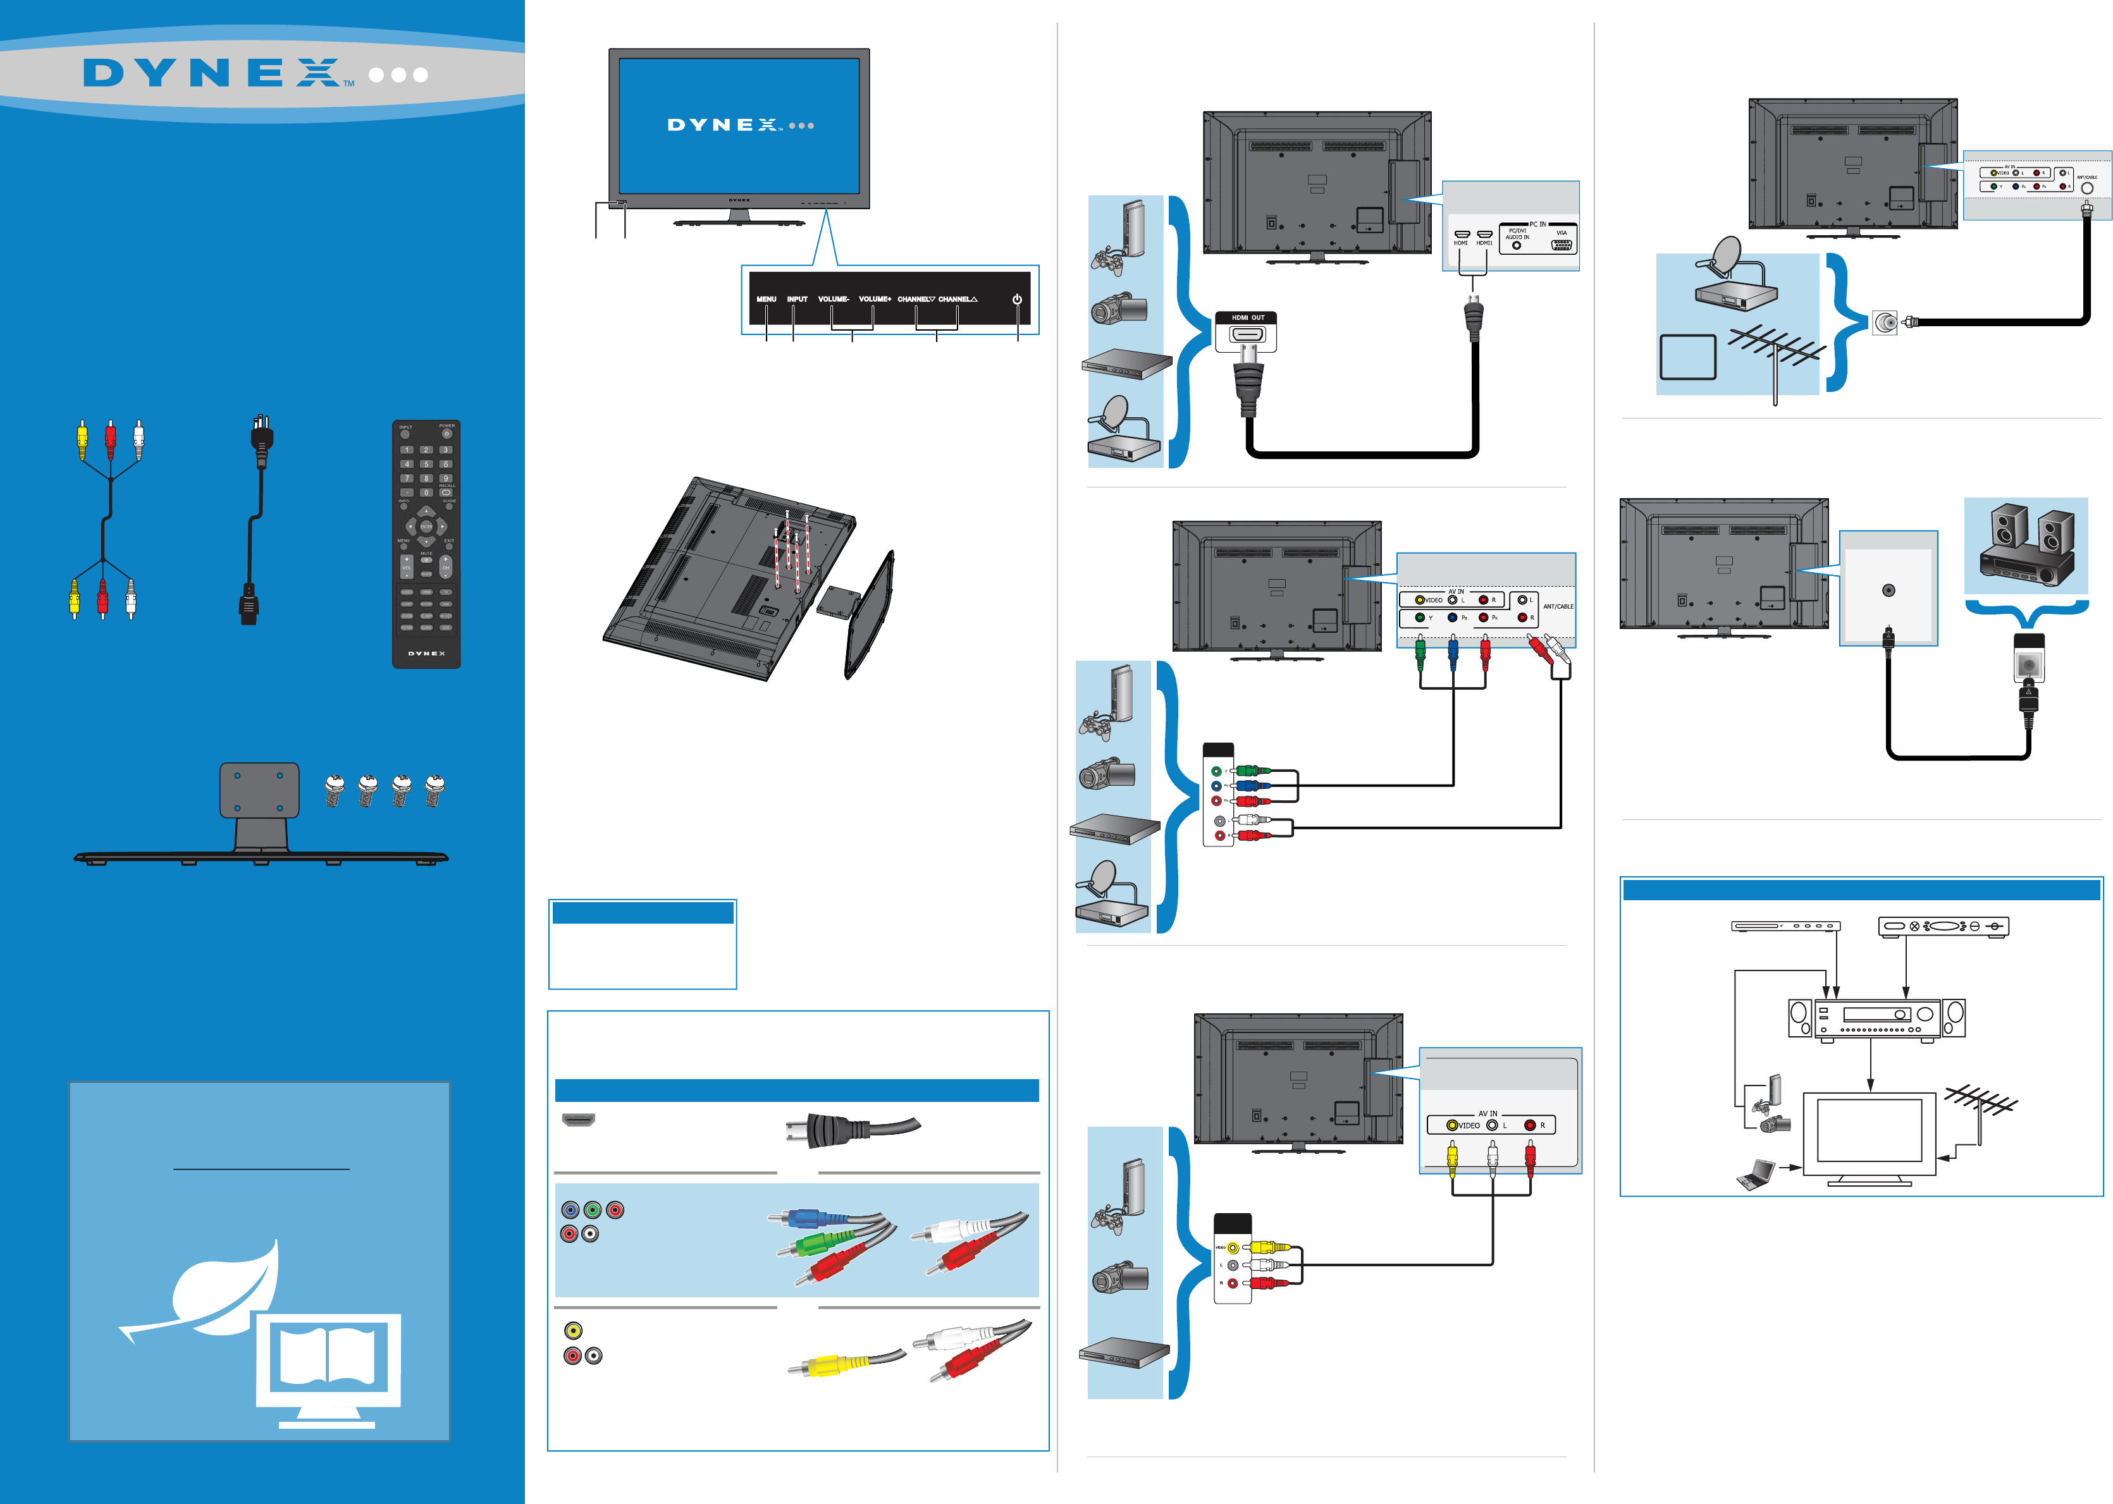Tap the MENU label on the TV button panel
pos(766,299)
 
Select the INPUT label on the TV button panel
pos(797,299)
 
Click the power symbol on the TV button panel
pos(1016,299)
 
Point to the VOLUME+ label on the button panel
pos(875,299)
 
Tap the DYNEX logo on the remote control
pos(426,653)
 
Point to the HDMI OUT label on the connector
pos(1247,317)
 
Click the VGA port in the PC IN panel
pos(1561,245)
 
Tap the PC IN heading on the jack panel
pos(1537,224)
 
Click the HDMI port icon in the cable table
pos(578,1120)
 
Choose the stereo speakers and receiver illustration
pos(2026,546)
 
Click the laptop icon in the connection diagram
pos(1756,1174)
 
